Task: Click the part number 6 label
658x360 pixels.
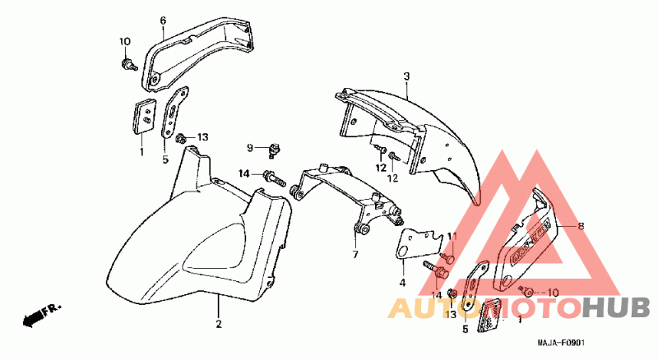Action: tap(163, 21)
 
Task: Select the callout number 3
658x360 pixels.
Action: tap(406, 76)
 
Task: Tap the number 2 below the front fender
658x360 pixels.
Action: tap(219, 325)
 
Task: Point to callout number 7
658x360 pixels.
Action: tap(355, 254)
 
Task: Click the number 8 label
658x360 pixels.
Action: tap(581, 227)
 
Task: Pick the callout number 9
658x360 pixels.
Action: tap(250, 148)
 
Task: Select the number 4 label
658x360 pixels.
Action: tap(402, 283)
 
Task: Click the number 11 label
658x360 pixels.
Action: tap(452, 237)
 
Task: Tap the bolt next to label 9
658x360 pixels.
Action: tap(275, 150)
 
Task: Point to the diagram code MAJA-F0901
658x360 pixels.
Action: tap(561, 344)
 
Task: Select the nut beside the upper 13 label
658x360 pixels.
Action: tap(182, 138)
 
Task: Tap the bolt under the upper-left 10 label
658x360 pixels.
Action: tap(128, 65)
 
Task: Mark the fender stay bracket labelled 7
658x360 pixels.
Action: tap(345, 196)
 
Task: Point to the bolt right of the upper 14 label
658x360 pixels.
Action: tap(274, 178)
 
